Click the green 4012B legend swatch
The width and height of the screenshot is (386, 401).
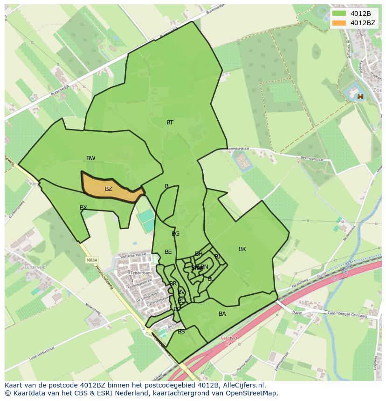pyautogui.click(x=339, y=14)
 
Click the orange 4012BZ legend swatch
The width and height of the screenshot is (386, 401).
pyautogui.click(x=339, y=23)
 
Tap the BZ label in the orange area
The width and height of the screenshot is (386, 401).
pyautogui.click(x=109, y=189)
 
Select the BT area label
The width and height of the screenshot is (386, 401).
pyautogui.click(x=170, y=122)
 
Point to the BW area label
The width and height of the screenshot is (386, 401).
pyautogui.click(x=91, y=158)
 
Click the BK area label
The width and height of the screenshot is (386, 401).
pyautogui.click(x=242, y=249)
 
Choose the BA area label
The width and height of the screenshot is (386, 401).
pyautogui.click(x=222, y=314)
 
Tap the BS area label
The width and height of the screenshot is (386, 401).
pyautogui.click(x=181, y=332)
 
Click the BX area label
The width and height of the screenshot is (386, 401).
pyautogui.click(x=83, y=208)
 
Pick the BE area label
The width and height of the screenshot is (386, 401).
pyautogui.click(x=168, y=252)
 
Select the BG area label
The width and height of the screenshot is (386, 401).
pyautogui.click(x=176, y=234)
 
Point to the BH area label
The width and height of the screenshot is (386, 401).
pyautogui.click(x=199, y=254)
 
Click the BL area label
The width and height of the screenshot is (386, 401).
pyautogui.click(x=211, y=279)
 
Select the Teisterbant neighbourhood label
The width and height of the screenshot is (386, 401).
pyautogui.click(x=138, y=273)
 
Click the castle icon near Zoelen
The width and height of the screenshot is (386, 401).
pyautogui.click(x=360, y=96)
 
